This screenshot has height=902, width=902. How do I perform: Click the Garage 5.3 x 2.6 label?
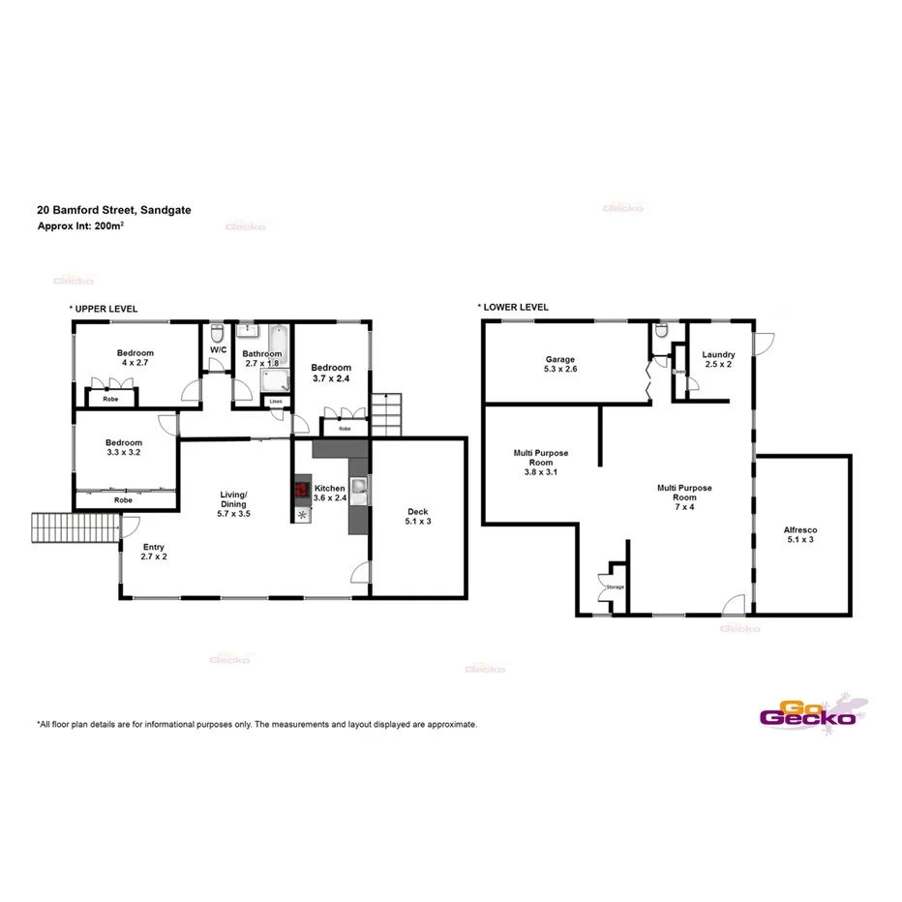pyautogui.click(x=560, y=364)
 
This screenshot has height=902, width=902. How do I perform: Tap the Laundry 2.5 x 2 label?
pyautogui.click(x=718, y=360)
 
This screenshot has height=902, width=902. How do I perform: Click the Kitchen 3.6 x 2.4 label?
pyautogui.click(x=330, y=494)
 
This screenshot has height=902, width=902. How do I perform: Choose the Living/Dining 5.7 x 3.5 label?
pyautogui.click(x=233, y=504)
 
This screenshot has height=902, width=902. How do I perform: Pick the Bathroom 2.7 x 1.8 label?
pyautogui.click(x=261, y=359)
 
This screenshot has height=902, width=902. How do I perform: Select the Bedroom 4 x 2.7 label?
pyautogui.click(x=135, y=359)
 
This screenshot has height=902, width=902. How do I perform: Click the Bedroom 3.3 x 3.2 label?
pyautogui.click(x=124, y=448)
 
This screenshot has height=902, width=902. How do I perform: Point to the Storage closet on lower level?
pyautogui.click(x=614, y=586)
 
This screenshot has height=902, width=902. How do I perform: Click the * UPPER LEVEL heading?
pyautogui.click(x=104, y=309)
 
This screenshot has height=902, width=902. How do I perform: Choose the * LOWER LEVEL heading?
pyautogui.click(x=513, y=307)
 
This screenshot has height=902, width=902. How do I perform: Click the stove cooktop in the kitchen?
pyautogui.click(x=301, y=490)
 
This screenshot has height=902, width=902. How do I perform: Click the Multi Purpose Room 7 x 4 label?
pyautogui.click(x=684, y=493)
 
